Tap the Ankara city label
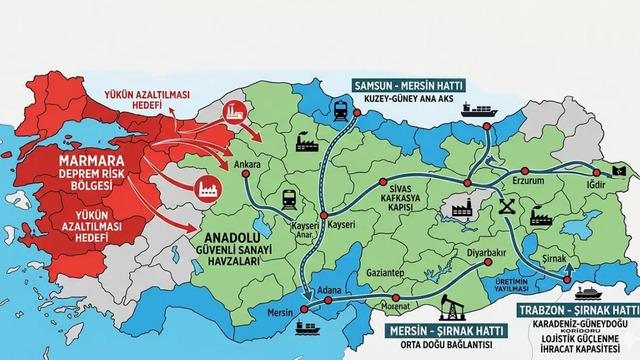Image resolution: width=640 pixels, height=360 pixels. tap(245, 163)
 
